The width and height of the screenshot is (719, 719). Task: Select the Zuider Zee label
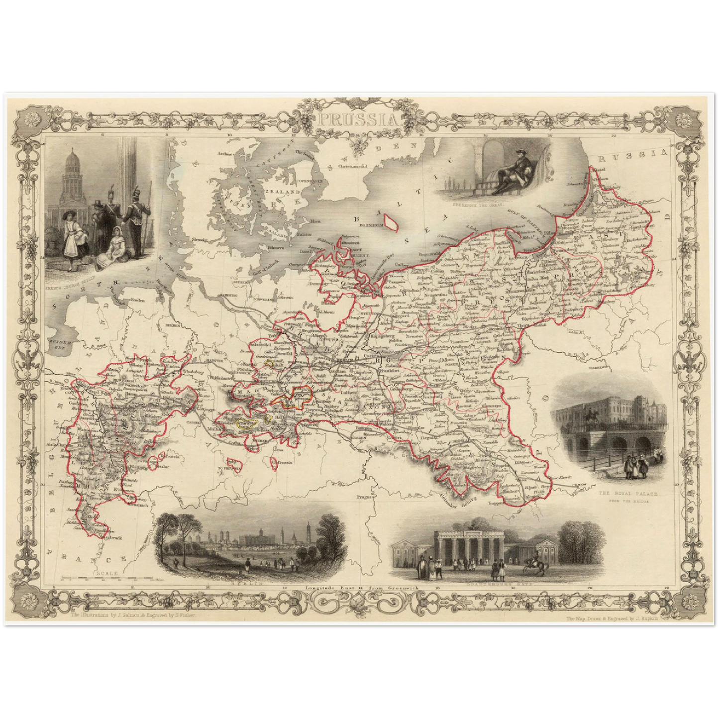click(60, 344)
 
